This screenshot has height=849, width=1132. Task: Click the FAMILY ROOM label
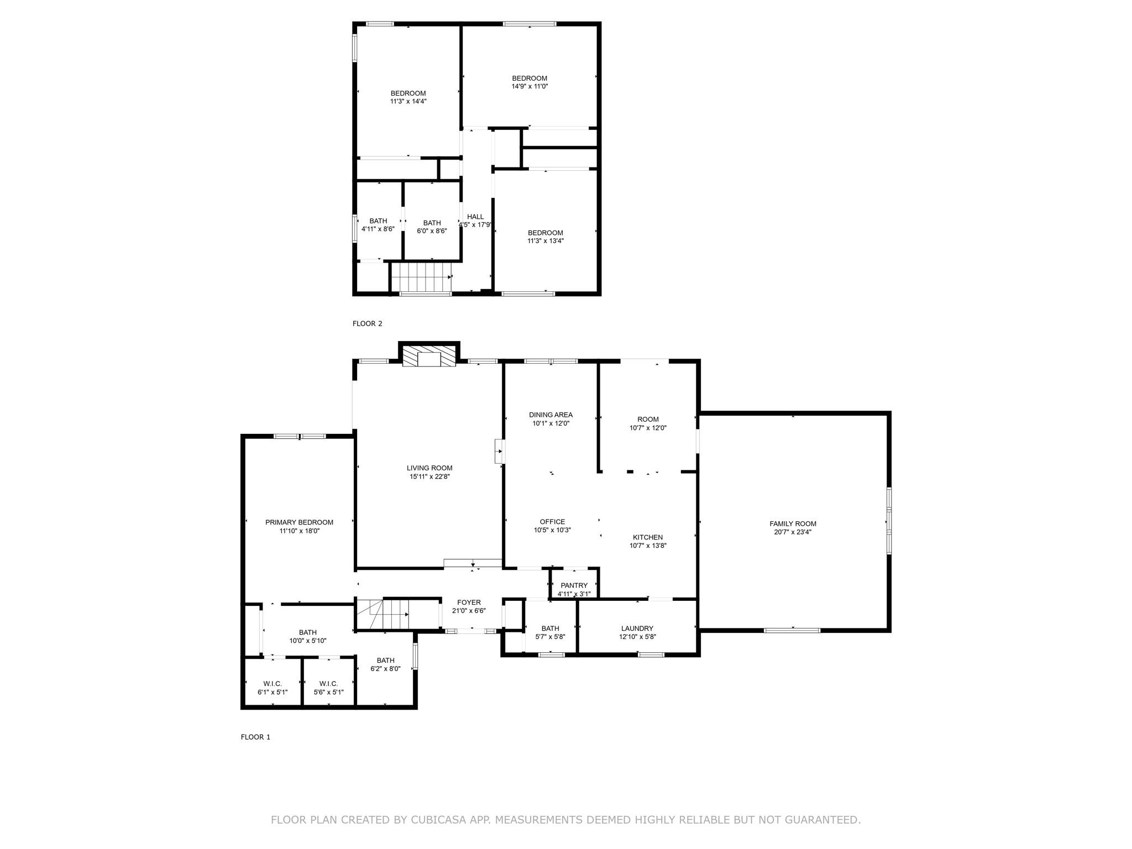click(793, 523)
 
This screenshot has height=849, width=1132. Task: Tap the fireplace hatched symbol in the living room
click(428, 357)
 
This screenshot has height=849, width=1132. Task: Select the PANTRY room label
click(574, 585)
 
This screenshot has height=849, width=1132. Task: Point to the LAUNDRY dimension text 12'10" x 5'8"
click(637, 636)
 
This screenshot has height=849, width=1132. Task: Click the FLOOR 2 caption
click(367, 323)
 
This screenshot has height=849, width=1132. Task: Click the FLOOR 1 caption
click(255, 737)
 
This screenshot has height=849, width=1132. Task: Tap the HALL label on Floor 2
click(475, 217)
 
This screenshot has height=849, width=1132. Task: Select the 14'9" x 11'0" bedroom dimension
click(530, 86)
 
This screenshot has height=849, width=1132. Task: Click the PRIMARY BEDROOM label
click(299, 522)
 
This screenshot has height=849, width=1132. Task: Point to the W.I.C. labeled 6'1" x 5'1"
click(272, 688)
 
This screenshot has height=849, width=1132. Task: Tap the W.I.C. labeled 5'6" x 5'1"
click(328, 688)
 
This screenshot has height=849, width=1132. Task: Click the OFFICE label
click(552, 521)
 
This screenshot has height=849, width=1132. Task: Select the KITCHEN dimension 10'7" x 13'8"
click(648, 546)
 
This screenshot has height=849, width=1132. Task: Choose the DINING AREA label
click(551, 415)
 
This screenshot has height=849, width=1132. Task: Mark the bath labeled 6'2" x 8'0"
click(385, 664)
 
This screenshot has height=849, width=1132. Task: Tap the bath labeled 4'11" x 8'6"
click(378, 224)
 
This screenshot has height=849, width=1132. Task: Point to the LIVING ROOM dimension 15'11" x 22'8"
click(429, 476)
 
